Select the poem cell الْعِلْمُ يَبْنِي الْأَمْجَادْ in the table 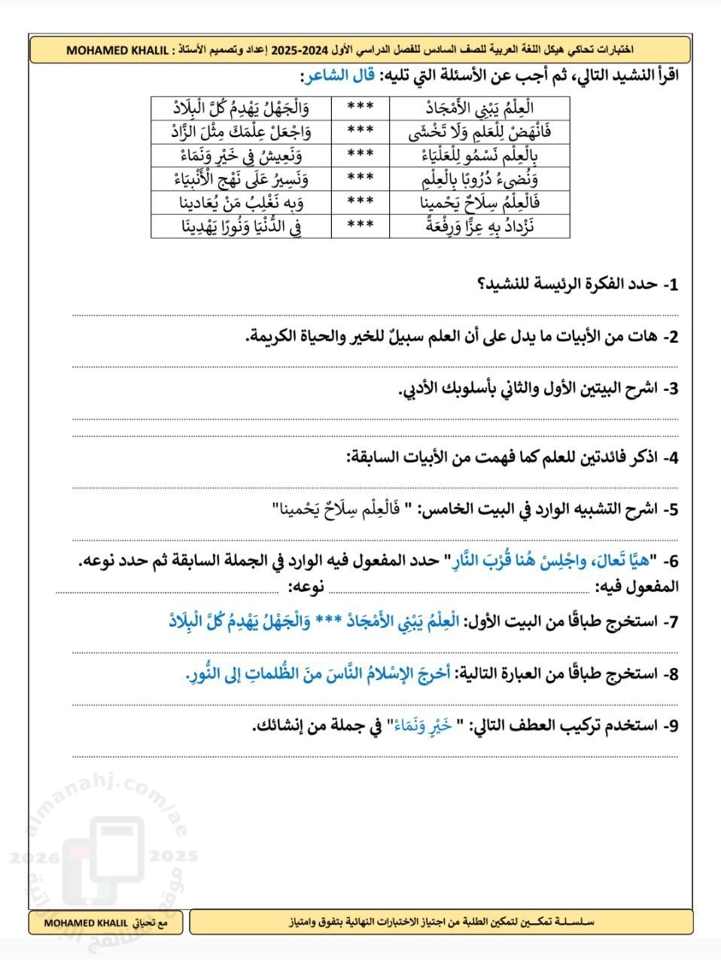point(479,107)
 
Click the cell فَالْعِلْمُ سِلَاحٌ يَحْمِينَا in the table point(479,202)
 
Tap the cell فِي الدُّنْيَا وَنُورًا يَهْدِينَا point(241,225)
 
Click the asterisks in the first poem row point(360,107)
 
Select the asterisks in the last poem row point(360,225)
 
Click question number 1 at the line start point(669,285)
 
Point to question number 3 point(669,389)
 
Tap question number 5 point(669,510)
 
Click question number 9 point(669,725)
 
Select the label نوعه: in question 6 point(306,587)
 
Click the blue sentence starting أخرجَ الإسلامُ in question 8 point(318,673)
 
